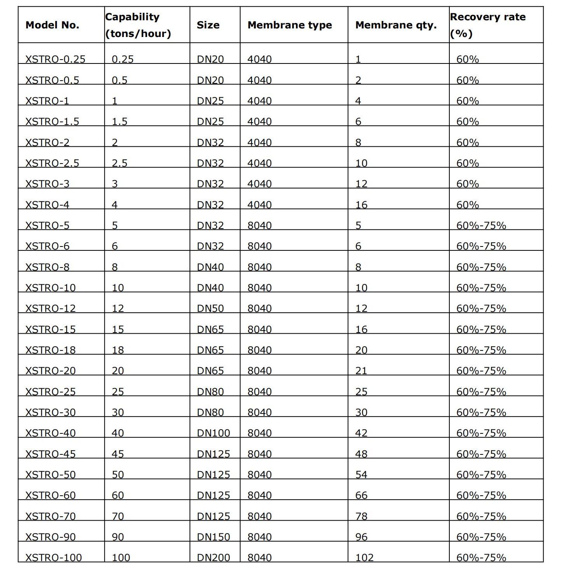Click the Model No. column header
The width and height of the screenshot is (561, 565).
[52, 25]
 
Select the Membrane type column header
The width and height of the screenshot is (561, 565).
[289, 25]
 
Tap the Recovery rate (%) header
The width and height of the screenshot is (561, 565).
[487, 25]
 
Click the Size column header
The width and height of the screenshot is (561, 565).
[208, 25]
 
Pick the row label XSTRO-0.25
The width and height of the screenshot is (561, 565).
[55, 59]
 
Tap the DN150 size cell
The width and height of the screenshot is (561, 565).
[213, 537]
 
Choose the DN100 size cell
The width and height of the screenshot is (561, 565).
[213, 433]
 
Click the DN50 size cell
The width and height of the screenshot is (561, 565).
[210, 308]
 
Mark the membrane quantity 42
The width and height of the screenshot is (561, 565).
[361, 433]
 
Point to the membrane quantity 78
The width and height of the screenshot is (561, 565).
[361, 516]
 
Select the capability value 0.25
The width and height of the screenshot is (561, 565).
[123, 59]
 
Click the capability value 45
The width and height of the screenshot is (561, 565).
[117, 454]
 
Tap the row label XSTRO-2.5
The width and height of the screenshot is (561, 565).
[52, 163]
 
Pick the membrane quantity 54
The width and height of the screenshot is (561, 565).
[361, 475]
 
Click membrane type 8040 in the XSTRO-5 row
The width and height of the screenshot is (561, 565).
[259, 225]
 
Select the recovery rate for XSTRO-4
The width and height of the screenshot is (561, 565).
[467, 205]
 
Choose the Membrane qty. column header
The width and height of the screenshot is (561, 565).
[396, 25]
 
